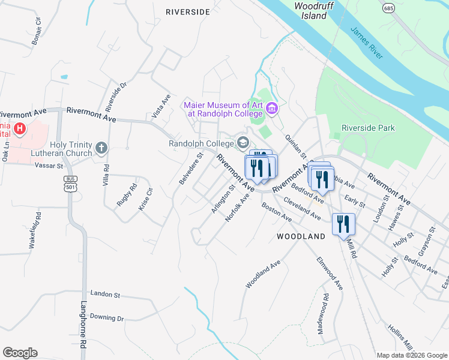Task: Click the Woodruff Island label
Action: (310, 10)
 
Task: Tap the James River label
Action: (367, 43)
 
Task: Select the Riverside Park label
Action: (369, 128)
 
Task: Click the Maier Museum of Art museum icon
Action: (271, 108)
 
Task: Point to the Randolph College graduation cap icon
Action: (243, 143)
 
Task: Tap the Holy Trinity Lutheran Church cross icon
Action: (102, 146)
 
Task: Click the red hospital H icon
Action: (20, 128)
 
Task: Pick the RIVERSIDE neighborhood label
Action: (188, 11)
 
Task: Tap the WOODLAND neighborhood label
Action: (301, 236)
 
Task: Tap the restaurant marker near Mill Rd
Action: (343, 225)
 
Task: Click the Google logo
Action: (20, 353)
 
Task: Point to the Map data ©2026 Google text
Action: (412, 355)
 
